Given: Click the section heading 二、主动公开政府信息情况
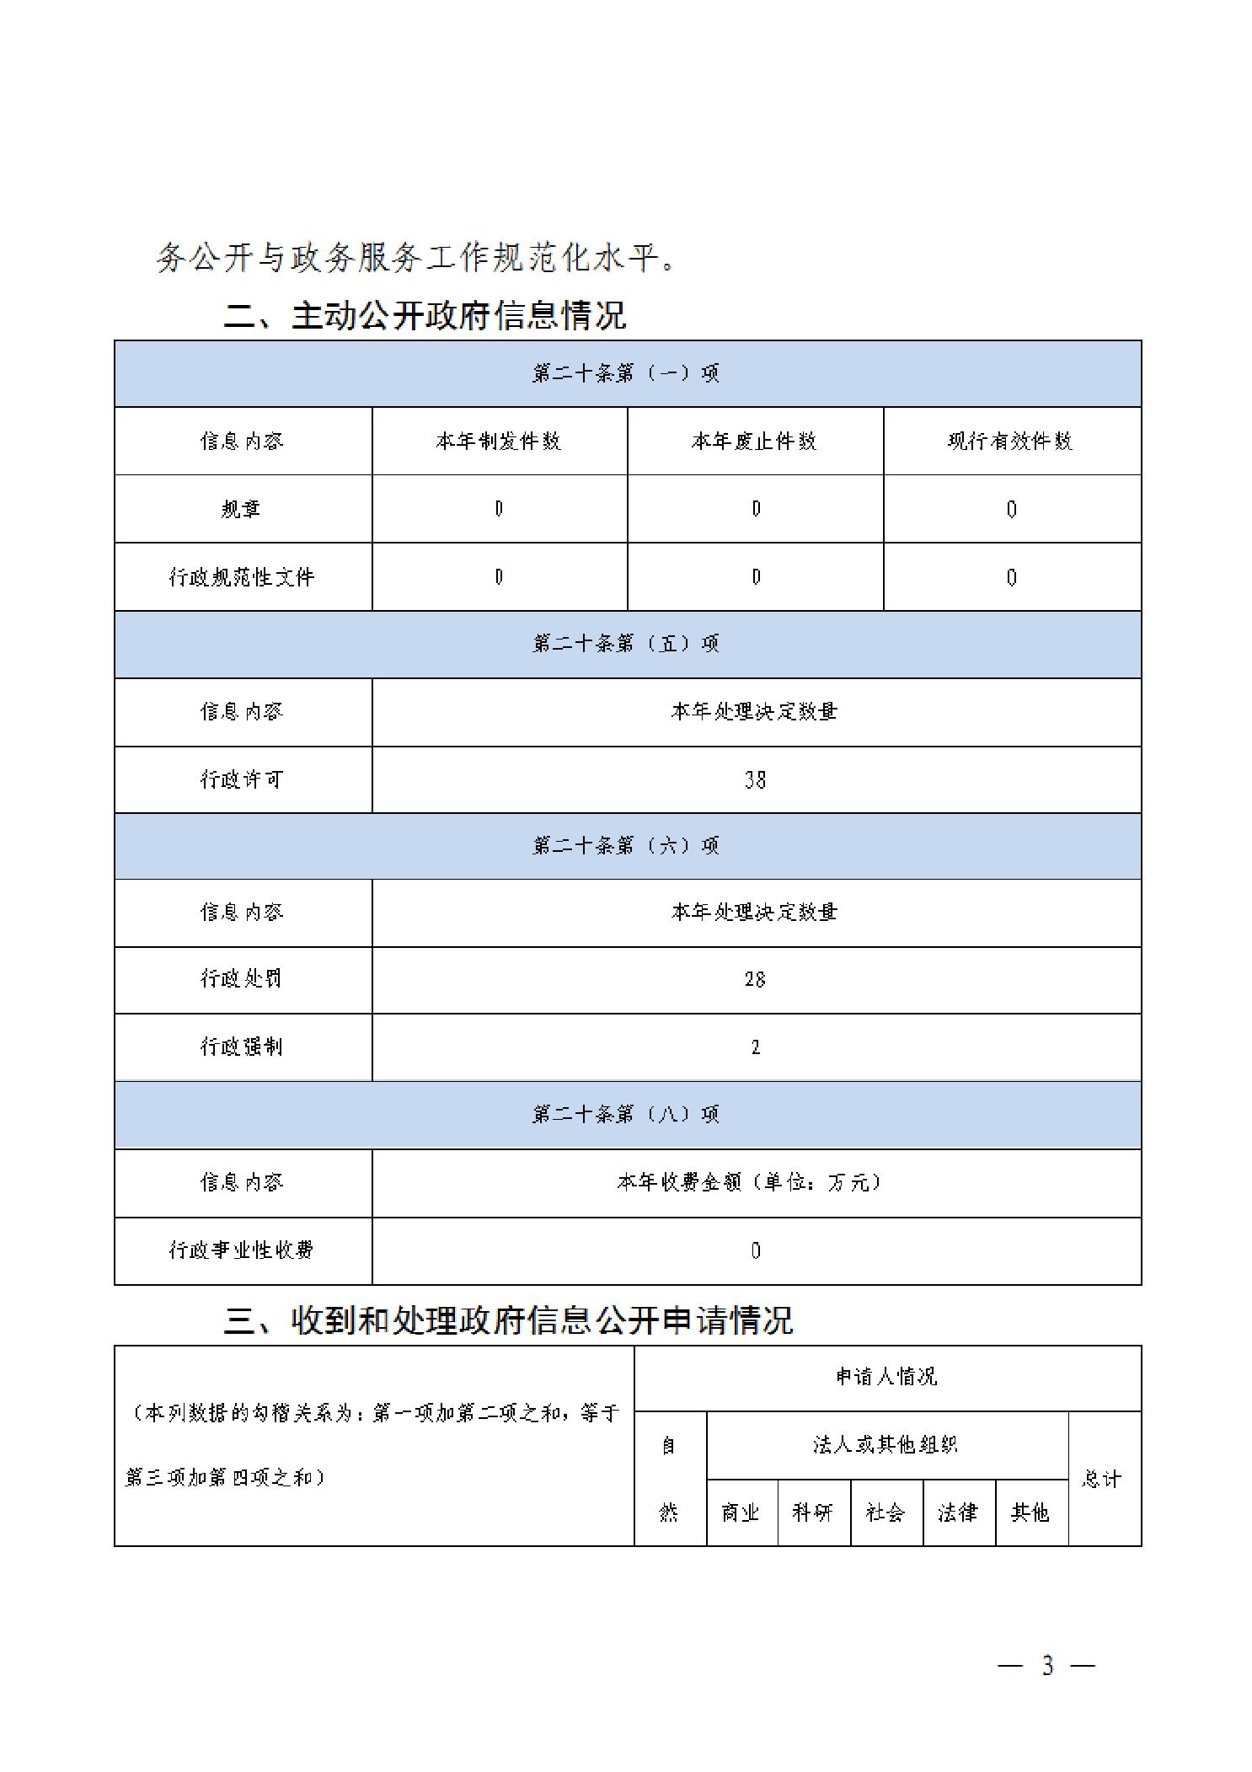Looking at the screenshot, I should pos(425,316).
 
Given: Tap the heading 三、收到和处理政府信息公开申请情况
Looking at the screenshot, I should pos(508,1320).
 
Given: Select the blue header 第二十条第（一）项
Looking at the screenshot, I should pos(626,373).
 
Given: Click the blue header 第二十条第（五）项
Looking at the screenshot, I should pos(626,644).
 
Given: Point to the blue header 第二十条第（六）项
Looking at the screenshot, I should pos(626,845).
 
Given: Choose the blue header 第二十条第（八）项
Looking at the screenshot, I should pos(626,1115).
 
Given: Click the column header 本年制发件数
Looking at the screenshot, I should pos(499,441).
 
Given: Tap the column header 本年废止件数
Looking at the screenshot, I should pos(755,441).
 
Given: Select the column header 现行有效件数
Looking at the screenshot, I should pos(1011,441).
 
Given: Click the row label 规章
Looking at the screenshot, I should pos(242,509).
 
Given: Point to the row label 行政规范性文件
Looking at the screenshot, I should pos(242,577).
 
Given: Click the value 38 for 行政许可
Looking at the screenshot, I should pos(755,780).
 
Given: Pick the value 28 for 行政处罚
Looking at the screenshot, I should pos(755,979).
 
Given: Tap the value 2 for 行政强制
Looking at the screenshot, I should pos(755,1047).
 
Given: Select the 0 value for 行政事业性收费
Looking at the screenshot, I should pos(755,1250).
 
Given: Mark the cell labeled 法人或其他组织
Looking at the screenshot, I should pos(885,1445).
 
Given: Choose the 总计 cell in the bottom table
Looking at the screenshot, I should pos(1103,1479).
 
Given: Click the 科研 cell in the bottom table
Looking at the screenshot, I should pos(813,1512).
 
